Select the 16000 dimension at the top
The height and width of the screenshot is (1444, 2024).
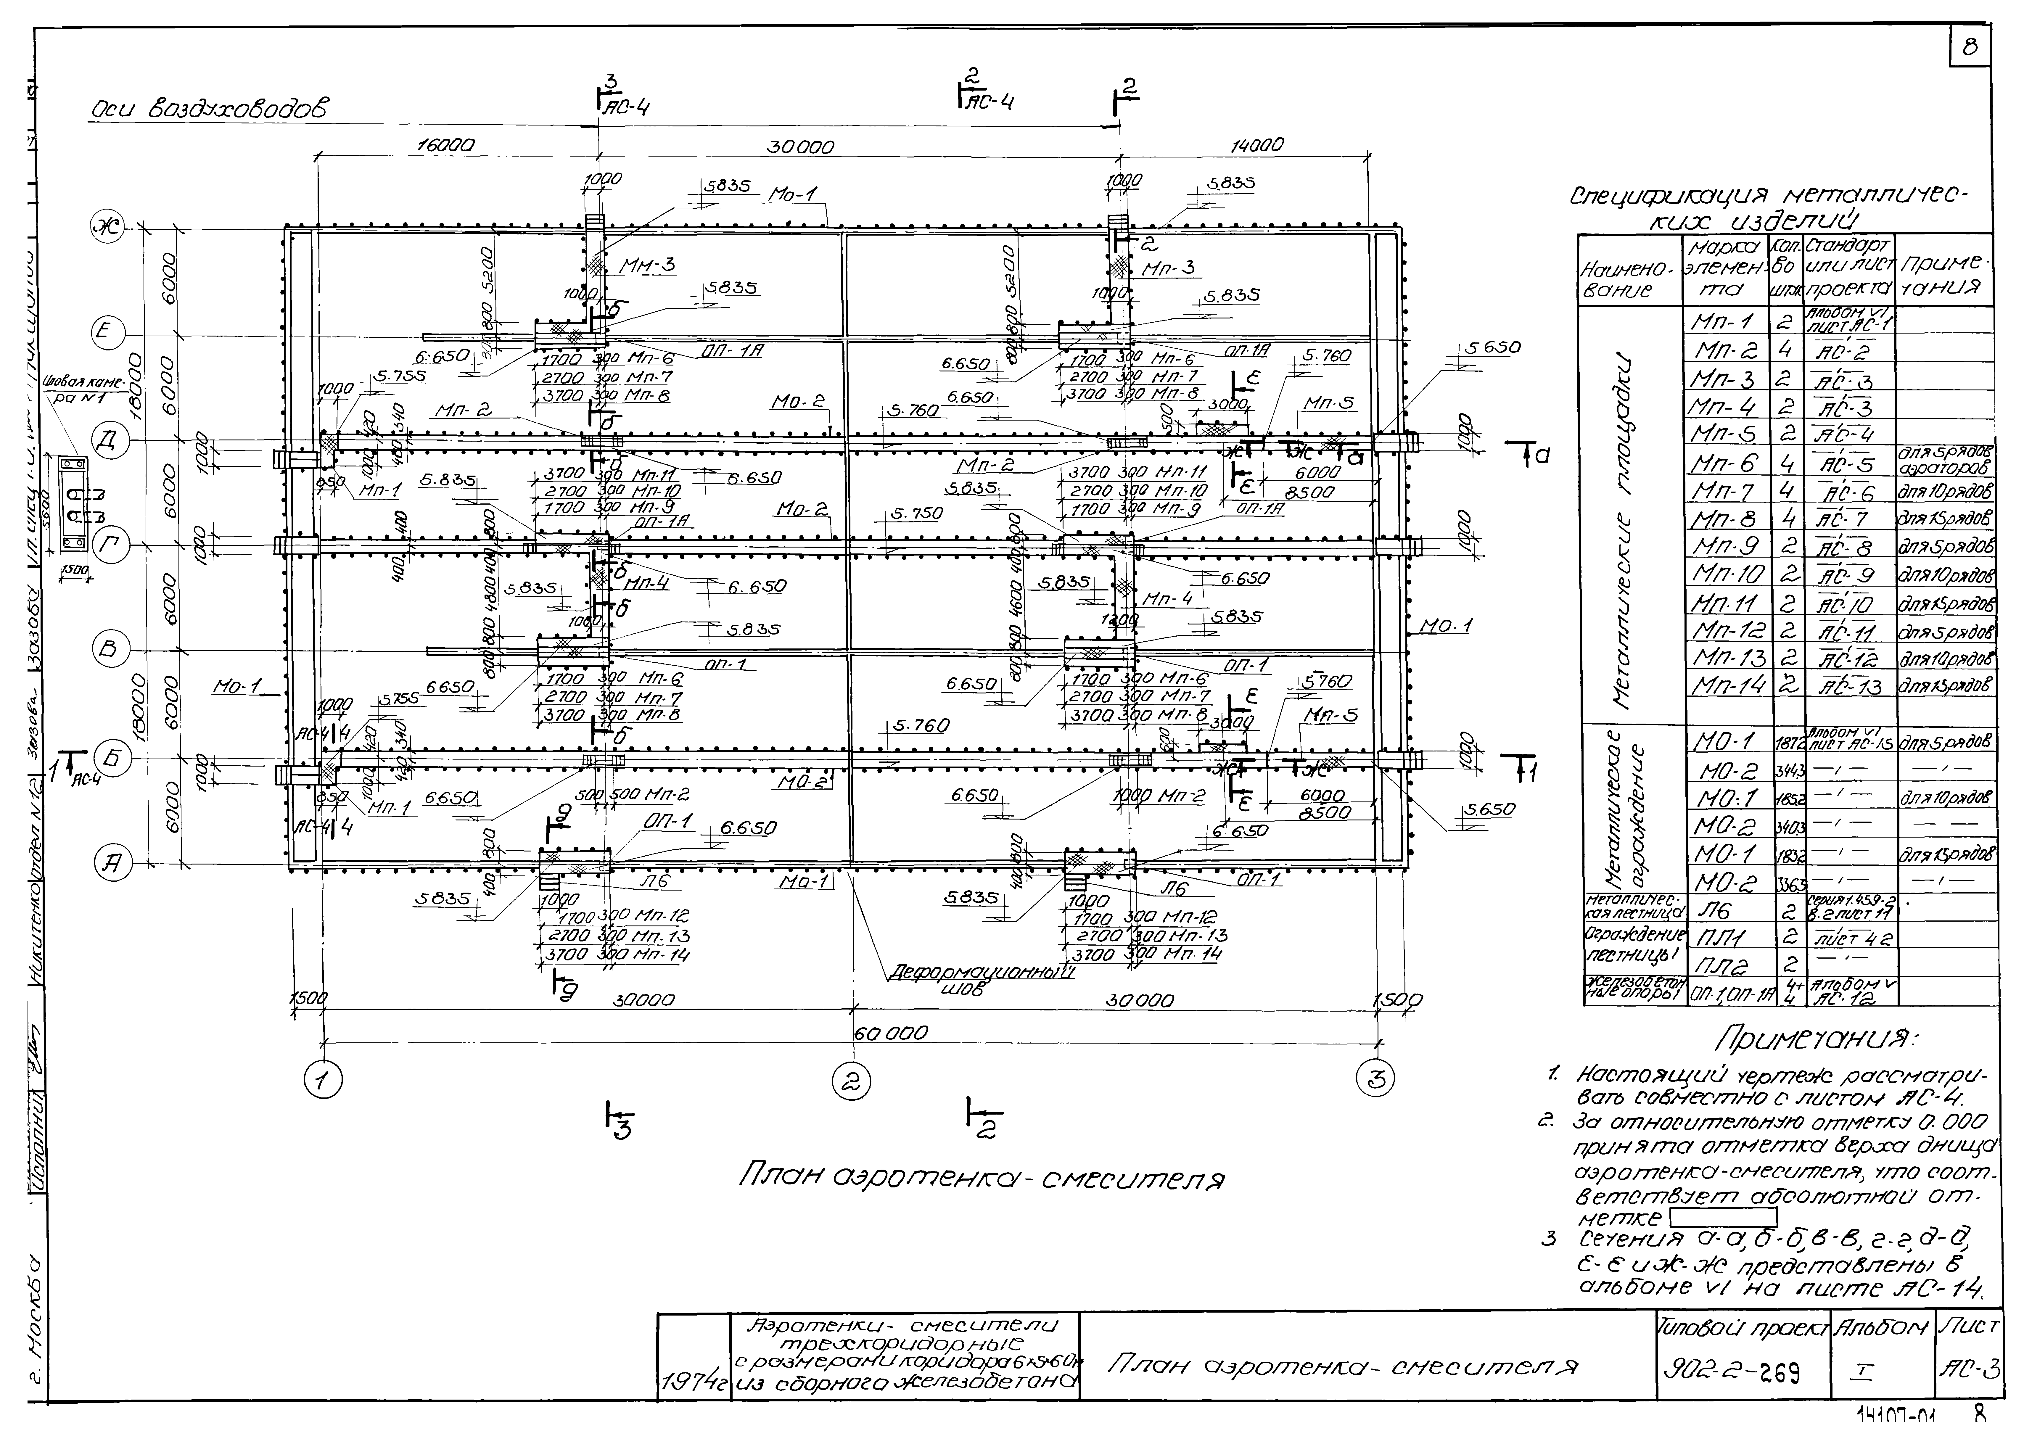pyautogui.click(x=445, y=145)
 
